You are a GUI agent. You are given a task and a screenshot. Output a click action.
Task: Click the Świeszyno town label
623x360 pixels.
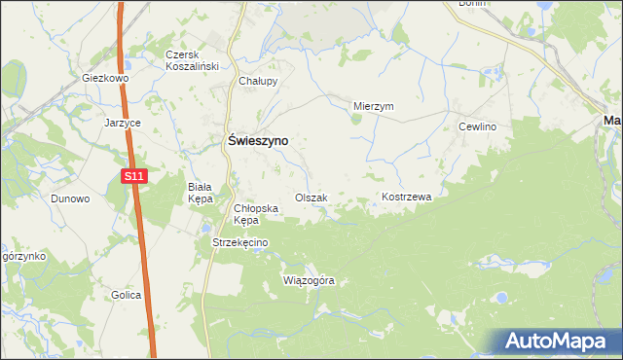click(x=256, y=140)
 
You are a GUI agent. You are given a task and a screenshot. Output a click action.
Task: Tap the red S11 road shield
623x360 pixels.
click(x=134, y=176)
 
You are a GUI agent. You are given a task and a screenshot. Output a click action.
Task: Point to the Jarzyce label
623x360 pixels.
click(x=123, y=124)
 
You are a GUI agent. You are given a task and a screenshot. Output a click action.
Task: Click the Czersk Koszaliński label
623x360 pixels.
click(x=192, y=60)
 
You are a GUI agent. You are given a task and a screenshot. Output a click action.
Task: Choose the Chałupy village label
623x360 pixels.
click(x=259, y=82)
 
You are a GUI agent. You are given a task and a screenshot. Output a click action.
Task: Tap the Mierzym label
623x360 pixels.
click(x=373, y=107)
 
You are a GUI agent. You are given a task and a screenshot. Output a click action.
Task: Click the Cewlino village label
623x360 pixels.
click(x=478, y=127)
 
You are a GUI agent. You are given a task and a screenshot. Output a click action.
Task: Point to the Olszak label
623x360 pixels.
click(x=311, y=198)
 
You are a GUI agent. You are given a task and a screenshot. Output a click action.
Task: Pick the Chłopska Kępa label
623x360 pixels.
click(x=256, y=214)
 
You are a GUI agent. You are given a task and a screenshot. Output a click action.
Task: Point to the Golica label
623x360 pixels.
click(x=126, y=295)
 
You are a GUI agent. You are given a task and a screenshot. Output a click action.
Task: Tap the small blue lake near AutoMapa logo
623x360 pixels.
click(x=501, y=298)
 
